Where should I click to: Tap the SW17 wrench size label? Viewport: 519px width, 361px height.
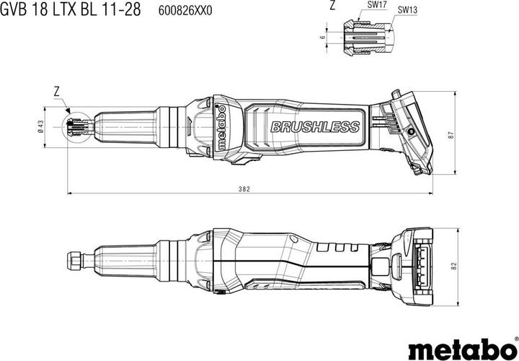point(377,6)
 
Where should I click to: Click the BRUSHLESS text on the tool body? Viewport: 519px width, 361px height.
point(314,127)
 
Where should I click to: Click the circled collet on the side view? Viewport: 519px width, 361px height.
point(76,128)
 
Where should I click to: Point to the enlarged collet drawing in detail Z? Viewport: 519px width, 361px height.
point(364,36)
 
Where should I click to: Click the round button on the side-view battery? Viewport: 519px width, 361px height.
point(409,133)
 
